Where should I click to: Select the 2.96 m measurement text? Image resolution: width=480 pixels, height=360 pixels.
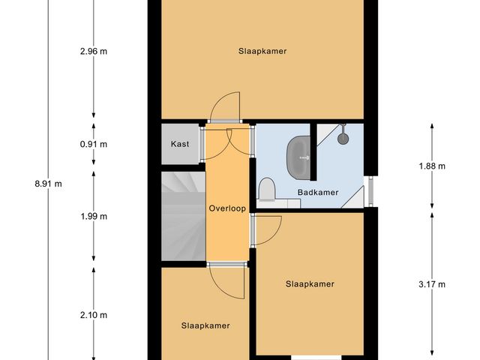tap(93, 51)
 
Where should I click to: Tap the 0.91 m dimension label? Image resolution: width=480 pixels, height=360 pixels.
tap(93, 144)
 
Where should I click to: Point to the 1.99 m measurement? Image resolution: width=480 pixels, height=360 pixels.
tap(93, 217)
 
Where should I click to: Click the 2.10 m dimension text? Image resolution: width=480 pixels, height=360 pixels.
tap(93, 315)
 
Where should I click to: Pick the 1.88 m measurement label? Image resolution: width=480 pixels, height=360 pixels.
tap(432, 166)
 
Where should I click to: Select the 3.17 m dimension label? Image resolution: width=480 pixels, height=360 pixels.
tap(432, 284)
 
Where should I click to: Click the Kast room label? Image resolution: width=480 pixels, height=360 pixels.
tap(180, 144)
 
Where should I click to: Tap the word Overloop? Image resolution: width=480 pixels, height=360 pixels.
tap(227, 208)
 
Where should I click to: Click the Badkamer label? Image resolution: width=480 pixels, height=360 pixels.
tap(317, 193)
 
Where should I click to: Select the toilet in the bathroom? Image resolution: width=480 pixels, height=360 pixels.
tap(268, 190)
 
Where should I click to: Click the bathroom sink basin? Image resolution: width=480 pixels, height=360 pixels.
tap(298, 157)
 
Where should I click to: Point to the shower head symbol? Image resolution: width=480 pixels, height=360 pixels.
tap(344, 136)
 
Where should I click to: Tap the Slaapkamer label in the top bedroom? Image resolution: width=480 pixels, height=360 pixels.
tap(262, 51)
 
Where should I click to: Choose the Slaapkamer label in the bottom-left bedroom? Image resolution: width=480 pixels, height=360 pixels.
tap(205, 325)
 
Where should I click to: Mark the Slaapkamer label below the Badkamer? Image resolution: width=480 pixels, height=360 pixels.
tap(309, 284)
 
